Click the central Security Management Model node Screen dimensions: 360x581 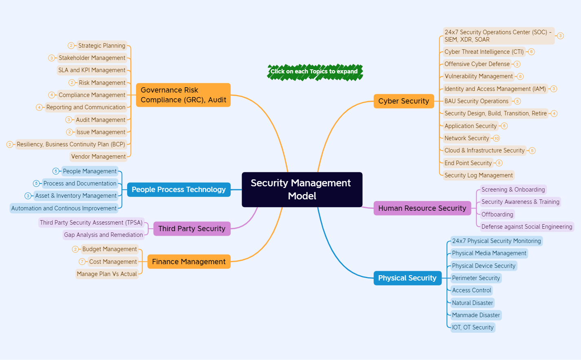(302, 190)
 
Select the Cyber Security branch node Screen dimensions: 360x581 (403, 101)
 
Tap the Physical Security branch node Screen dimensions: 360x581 (407, 278)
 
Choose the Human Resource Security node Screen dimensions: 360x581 (422, 208)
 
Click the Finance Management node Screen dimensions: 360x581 (189, 262)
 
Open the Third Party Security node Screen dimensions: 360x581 (191, 229)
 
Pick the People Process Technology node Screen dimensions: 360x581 (178, 190)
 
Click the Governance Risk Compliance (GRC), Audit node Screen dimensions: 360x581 (183, 95)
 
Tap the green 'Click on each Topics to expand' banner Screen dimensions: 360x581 (314, 72)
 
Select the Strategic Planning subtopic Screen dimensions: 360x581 (101, 46)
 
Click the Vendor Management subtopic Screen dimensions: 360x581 (98, 157)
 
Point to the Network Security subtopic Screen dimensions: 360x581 (467, 138)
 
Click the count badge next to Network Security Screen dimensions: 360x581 (496, 138)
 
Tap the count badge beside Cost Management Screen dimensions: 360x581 (82, 262)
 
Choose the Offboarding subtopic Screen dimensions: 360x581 (497, 214)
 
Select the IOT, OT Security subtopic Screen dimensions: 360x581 (473, 327)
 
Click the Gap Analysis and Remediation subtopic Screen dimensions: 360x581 (103, 235)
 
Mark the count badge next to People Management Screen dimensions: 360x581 (56, 171)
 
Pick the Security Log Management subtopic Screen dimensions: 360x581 (478, 175)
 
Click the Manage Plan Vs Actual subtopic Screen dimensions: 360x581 (107, 274)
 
